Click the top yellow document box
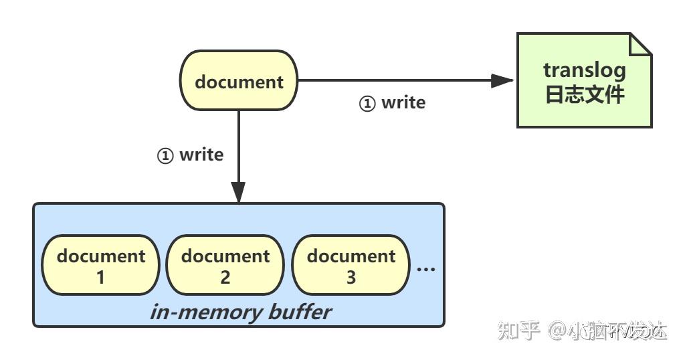[239, 81]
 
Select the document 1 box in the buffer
[100, 265]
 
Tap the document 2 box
[225, 265]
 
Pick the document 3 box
[351, 265]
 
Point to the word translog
[584, 70]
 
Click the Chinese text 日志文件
[584, 94]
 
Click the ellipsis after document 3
[426, 268]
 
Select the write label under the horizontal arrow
[403, 103]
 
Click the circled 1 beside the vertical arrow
[165, 156]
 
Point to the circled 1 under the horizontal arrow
[367, 104]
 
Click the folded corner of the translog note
[641, 43]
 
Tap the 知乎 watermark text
[518, 330]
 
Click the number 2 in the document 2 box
[225, 277]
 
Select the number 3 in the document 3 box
[351, 277]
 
